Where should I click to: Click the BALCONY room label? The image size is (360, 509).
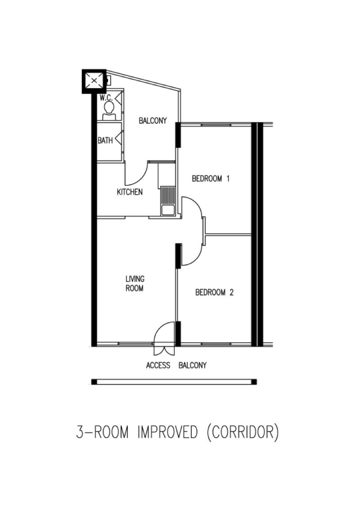click(153, 121)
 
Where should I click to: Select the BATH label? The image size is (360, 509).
click(105, 141)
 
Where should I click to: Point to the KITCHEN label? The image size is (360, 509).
click(130, 192)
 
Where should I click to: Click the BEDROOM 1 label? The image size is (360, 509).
click(211, 179)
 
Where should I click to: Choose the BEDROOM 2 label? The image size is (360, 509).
click(214, 293)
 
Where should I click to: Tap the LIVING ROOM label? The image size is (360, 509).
click(135, 284)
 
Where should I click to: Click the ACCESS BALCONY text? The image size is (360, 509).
click(176, 366)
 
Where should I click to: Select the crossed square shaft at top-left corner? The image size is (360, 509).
click(94, 81)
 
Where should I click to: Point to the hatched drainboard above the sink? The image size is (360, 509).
click(168, 196)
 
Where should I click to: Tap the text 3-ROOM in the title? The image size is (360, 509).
click(102, 432)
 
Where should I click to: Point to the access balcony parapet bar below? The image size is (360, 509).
click(174, 382)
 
